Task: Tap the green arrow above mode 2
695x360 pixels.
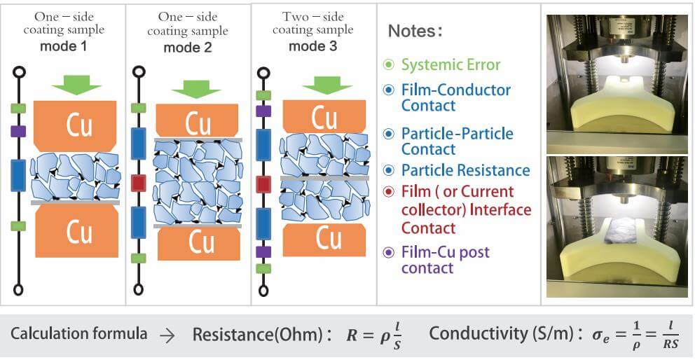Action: (x=196, y=89)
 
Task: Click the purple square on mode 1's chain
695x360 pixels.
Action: (x=19, y=131)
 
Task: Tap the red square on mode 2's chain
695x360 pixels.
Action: (x=139, y=184)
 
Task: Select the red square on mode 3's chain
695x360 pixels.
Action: (x=263, y=184)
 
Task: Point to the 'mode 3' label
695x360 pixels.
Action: (x=312, y=46)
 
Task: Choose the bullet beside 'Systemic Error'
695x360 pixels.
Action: (x=390, y=65)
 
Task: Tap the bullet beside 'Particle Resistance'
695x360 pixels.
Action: (x=390, y=170)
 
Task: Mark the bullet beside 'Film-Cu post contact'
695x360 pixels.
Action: (x=390, y=252)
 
